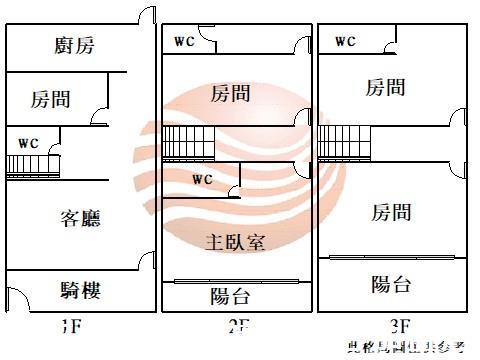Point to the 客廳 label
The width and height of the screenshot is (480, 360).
[81, 217]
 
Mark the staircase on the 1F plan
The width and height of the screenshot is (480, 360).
[36, 166]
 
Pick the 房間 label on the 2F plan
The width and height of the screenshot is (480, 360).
[231, 94]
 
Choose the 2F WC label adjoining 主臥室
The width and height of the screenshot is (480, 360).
[202, 180]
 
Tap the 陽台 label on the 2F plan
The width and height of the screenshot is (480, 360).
[230, 297]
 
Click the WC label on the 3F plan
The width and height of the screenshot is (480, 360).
[345, 41]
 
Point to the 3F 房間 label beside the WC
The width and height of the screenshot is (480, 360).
[387, 88]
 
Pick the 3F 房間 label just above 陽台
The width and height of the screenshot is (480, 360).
[391, 212]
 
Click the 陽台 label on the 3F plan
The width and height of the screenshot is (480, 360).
[391, 284]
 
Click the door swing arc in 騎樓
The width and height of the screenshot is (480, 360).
[19, 298]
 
